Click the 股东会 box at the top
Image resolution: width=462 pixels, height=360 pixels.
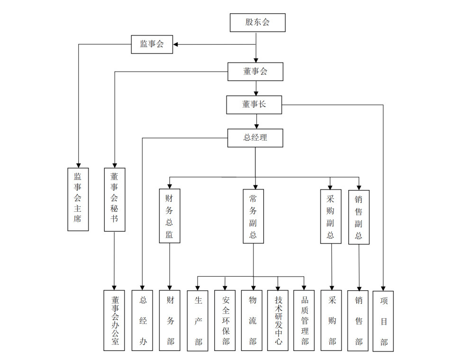click(257, 23)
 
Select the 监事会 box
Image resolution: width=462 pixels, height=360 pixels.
click(152, 45)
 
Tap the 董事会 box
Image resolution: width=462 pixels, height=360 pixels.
click(255, 72)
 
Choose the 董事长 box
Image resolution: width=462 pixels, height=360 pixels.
click(254, 105)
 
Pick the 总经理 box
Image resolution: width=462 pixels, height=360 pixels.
click(255, 138)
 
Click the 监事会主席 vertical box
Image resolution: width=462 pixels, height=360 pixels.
click(78, 199)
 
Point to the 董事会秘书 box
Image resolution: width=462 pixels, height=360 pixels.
click(114, 199)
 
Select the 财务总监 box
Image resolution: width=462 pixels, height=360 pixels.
click(169, 216)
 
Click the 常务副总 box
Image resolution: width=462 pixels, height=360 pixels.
click(253, 216)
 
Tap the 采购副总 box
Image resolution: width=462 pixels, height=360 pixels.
click(330, 216)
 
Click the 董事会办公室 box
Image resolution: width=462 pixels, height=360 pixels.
click(114, 320)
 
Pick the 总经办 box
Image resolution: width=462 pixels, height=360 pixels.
click(143, 320)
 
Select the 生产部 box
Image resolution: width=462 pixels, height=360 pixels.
click(198, 321)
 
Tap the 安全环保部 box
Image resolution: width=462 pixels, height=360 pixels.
click(225, 320)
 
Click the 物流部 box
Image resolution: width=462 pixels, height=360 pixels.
click(253, 320)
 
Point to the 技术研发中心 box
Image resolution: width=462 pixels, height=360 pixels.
click(278, 320)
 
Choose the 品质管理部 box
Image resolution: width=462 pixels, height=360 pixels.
click(304, 320)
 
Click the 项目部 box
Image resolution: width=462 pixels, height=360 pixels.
click(383, 321)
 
